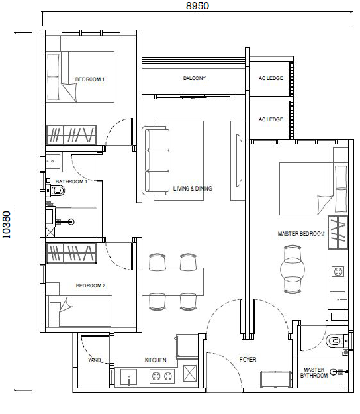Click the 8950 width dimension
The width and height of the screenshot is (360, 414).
[197, 5]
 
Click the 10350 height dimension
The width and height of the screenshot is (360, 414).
[6, 225]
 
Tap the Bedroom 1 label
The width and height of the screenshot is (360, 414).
[90, 79]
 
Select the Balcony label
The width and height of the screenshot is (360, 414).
[195, 78]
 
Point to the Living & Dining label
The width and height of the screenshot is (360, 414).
[193, 189]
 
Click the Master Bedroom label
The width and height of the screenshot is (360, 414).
[300, 234]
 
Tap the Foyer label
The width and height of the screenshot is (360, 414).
[247, 359]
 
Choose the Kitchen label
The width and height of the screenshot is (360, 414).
[156, 360]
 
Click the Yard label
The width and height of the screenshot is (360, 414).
[94, 360]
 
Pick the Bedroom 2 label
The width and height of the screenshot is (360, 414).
[91, 285]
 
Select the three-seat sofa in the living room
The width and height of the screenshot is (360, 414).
[156, 160]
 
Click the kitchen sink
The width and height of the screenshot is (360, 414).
[128, 377]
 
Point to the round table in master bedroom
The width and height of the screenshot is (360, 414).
[292, 270]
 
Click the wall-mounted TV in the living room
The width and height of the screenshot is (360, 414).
[240, 160]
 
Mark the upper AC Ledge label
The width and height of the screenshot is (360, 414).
[271, 78]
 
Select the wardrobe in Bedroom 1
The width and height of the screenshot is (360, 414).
[71, 134]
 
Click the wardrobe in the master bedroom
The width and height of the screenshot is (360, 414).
[338, 233]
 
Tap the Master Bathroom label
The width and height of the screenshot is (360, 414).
[314, 372]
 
